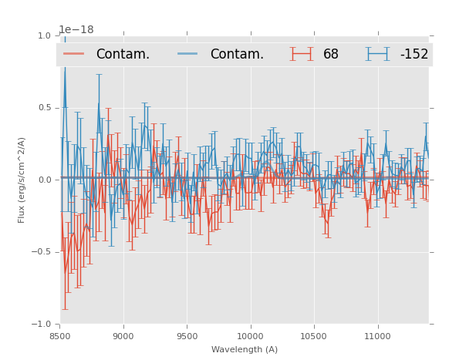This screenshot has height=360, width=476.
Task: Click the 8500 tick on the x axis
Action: coord(60,337)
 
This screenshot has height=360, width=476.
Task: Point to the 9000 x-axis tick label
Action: coord(123,337)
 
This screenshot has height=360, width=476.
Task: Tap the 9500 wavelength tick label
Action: coord(187,337)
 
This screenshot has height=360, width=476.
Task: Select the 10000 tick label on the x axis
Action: coord(250,337)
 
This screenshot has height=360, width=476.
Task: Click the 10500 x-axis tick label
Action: coord(314,337)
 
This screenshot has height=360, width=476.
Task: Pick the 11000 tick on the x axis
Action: coord(377,337)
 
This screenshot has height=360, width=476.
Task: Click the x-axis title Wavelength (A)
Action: coord(245,350)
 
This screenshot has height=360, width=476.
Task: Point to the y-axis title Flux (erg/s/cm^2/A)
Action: coord(22,180)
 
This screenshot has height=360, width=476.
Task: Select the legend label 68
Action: coord(331,55)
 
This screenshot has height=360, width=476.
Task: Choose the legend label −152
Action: coord(414,55)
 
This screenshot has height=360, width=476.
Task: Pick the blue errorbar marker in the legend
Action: coord(378,54)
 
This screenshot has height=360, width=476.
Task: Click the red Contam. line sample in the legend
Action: coord(75,54)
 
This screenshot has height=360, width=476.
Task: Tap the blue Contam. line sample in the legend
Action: coord(189,54)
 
